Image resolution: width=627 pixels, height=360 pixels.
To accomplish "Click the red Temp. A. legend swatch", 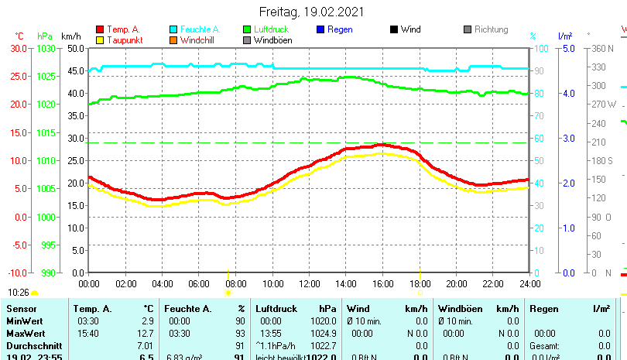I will point(99,29).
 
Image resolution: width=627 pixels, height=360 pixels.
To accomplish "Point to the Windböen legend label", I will point(272,40).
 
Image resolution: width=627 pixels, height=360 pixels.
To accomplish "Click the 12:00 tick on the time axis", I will point(309,283).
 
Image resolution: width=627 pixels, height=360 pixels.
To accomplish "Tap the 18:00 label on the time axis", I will point(420,283).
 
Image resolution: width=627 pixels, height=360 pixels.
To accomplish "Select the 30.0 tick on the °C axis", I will point(18,48).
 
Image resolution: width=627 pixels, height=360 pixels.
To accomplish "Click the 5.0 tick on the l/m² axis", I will point(567,48).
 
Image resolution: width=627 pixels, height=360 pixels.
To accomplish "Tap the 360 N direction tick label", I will point(601,48).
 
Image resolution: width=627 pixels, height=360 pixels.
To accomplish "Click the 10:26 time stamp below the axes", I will point(19,293).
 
